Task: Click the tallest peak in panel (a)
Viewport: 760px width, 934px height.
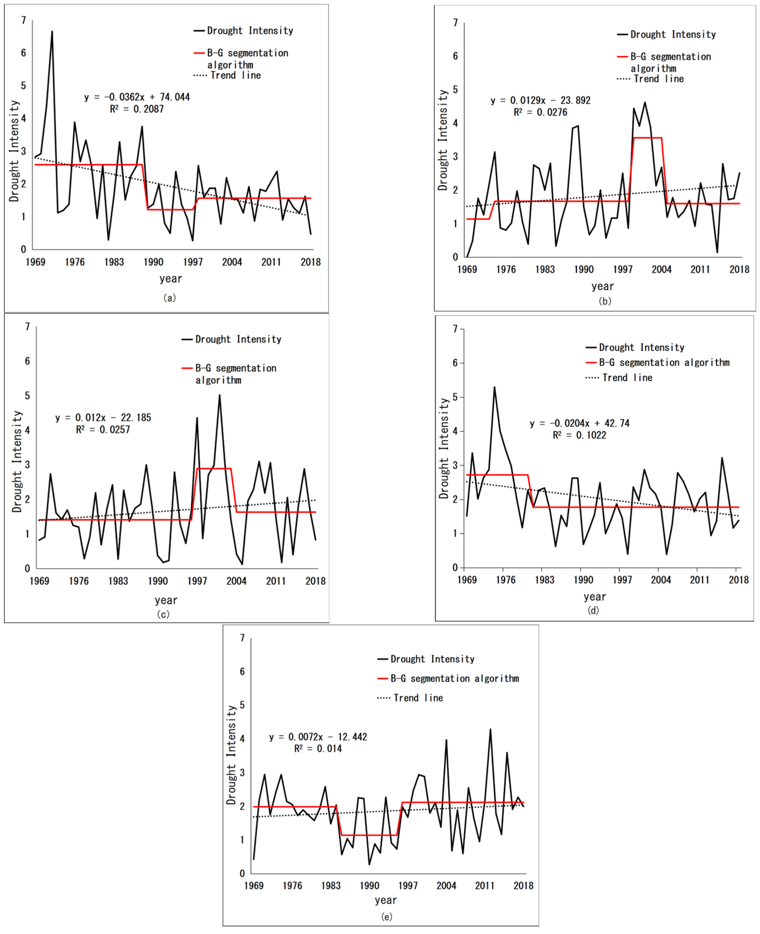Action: (x=52, y=32)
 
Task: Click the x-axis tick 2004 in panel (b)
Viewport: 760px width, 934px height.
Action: (x=661, y=269)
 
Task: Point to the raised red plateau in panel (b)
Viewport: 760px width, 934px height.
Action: (x=647, y=138)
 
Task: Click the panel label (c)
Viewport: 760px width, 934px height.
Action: (x=163, y=614)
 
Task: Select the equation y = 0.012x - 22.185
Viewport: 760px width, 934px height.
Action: (x=103, y=418)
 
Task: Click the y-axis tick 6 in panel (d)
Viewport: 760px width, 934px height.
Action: (x=455, y=363)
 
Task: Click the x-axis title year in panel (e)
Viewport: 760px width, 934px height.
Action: (x=386, y=900)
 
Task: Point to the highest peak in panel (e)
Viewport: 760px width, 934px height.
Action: (x=490, y=730)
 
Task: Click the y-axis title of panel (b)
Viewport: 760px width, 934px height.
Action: (x=443, y=140)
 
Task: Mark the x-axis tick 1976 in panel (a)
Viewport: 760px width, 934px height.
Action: (x=75, y=262)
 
